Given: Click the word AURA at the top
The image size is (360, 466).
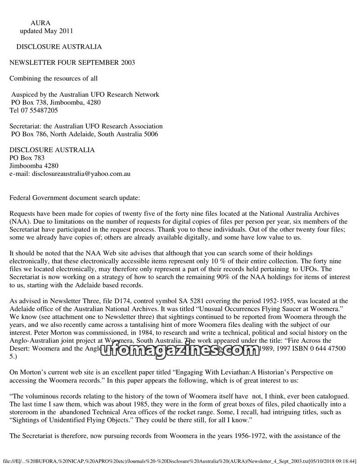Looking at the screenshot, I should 40,23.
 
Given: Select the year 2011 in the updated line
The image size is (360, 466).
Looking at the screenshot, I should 66,31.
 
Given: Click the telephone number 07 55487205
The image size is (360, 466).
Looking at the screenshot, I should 39,110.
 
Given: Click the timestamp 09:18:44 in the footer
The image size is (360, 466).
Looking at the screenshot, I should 343,461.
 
